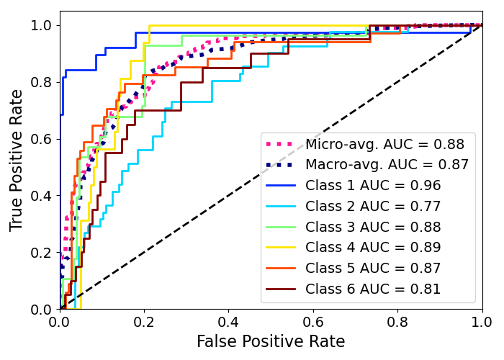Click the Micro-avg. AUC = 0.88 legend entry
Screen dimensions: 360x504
coord(384,144)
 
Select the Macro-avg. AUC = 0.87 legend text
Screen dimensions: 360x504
coord(387,165)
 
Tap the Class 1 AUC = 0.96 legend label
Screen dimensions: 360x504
coord(373,186)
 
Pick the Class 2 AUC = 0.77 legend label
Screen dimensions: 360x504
coord(373,207)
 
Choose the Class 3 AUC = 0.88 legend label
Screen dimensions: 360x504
coord(373,228)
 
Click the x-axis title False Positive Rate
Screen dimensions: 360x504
coord(271,341)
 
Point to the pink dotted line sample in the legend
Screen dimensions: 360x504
coord(282,144)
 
